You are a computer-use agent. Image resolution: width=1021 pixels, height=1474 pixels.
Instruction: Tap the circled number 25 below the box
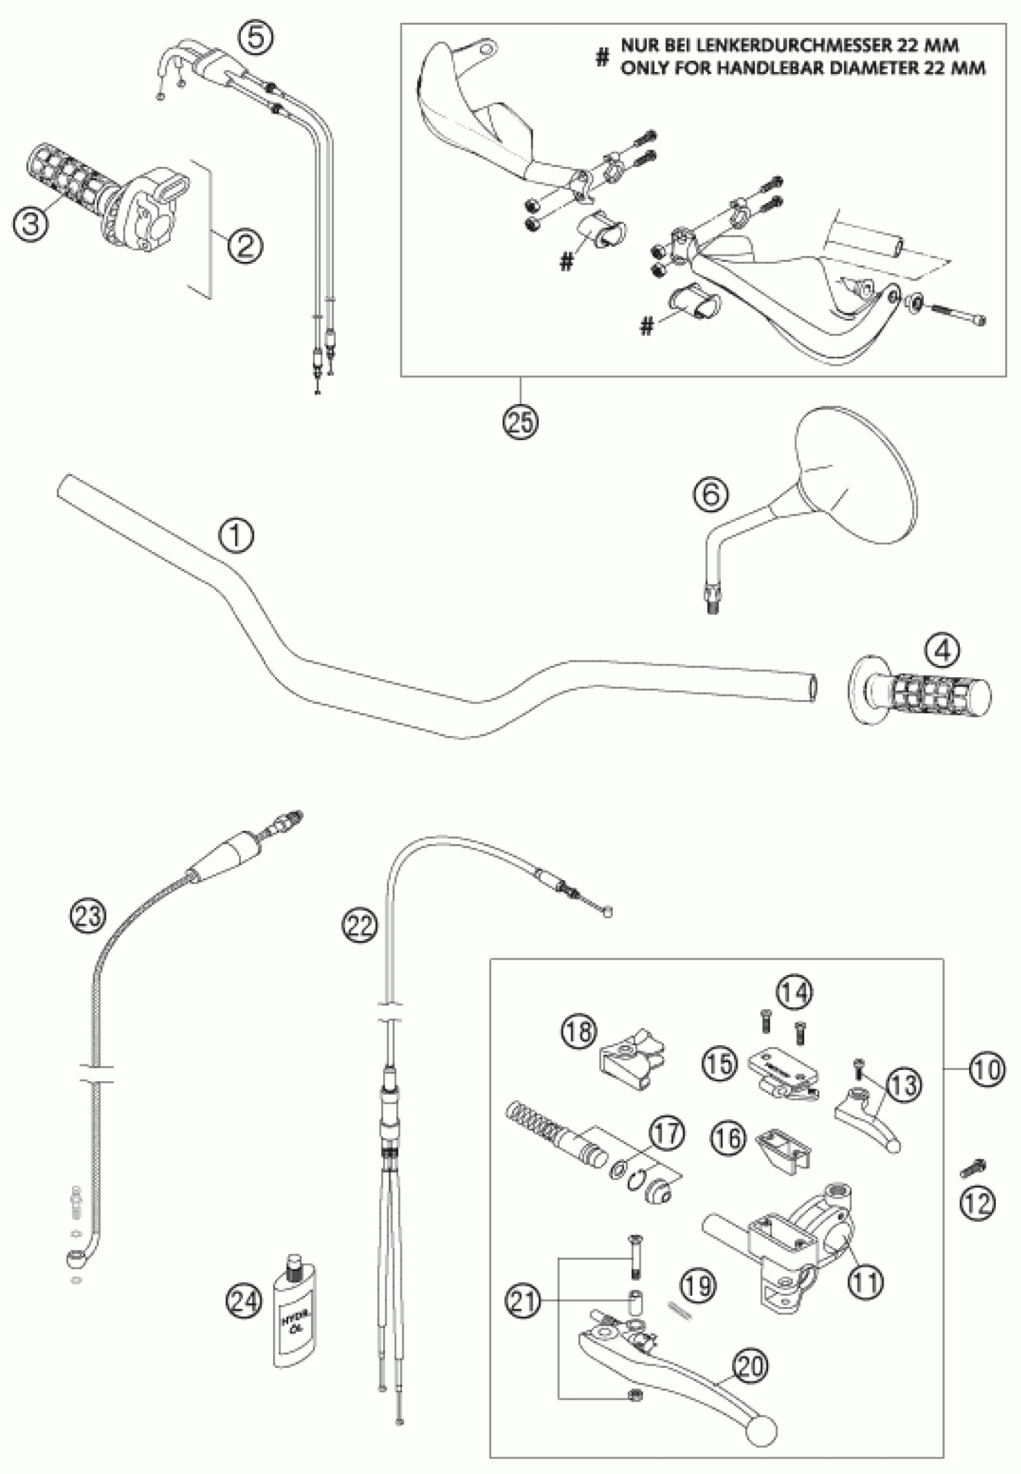[520, 421]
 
